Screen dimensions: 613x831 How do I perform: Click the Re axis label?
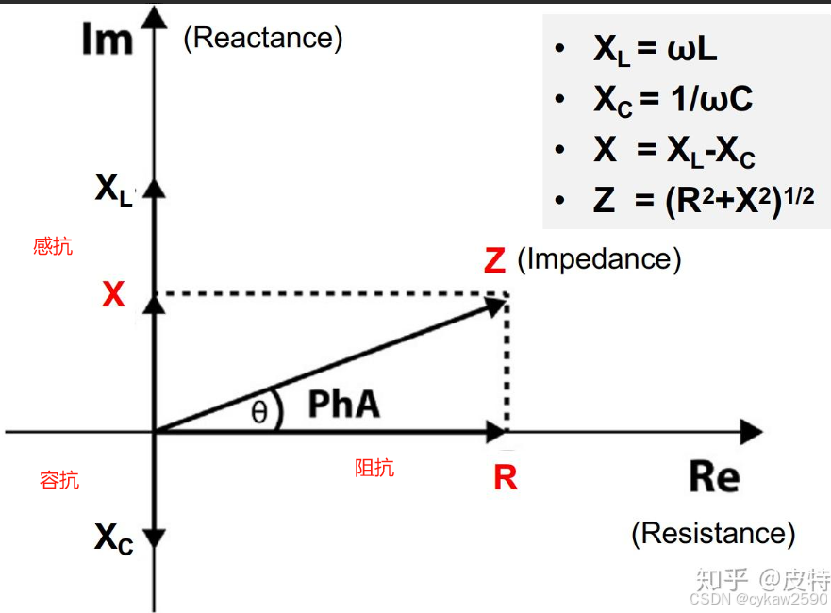(714, 477)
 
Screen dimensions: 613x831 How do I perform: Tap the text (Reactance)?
(263, 39)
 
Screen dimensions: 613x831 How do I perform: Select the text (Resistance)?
(713, 533)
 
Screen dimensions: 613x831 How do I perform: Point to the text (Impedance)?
(599, 258)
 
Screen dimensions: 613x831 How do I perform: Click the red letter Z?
(494, 261)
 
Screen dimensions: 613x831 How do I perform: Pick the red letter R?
(506, 478)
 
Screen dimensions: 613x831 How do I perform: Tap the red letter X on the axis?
(113, 296)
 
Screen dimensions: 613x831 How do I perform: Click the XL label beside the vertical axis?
(114, 190)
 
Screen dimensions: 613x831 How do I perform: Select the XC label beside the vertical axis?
(114, 538)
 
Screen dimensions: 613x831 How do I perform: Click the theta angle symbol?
(258, 412)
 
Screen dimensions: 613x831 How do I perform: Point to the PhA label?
(344, 405)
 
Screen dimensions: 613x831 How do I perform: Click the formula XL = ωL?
(655, 50)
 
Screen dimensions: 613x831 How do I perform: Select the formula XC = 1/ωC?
(672, 99)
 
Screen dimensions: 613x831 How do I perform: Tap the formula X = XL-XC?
(673, 151)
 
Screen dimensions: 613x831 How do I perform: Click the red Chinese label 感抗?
(53, 247)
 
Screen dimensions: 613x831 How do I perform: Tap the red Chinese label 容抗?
(59, 480)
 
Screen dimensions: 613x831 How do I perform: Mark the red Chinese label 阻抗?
(374, 468)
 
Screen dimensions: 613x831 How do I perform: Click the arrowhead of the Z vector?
(497, 304)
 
